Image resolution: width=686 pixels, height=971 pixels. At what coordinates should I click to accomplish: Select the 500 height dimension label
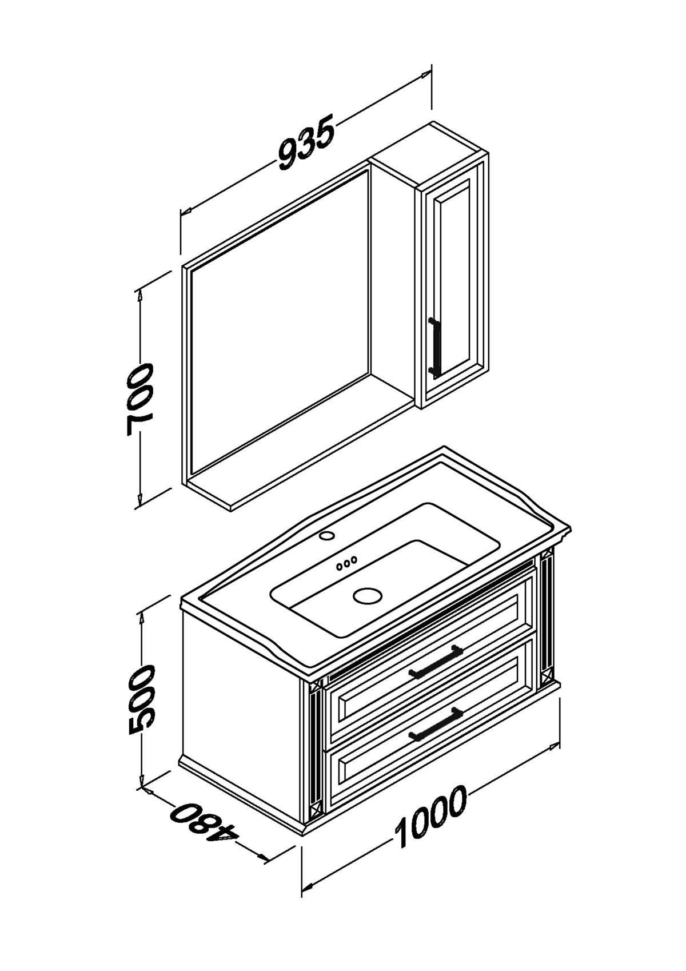coord(141,701)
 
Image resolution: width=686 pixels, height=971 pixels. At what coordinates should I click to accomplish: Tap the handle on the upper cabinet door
coord(434,345)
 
